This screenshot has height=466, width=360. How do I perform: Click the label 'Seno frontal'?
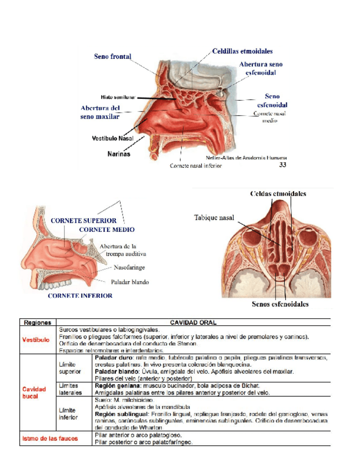click(x=113, y=56)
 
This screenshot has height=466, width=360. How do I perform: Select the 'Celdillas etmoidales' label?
click(x=242, y=51)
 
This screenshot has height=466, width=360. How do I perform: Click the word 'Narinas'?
click(x=118, y=154)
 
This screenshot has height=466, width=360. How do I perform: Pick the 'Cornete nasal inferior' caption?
click(x=196, y=166)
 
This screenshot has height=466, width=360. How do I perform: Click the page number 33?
click(x=283, y=164)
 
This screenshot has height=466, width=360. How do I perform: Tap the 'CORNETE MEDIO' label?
click(x=107, y=229)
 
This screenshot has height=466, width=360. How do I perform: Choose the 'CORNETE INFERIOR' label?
click(x=80, y=296)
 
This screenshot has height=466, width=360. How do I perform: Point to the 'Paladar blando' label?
click(x=130, y=282)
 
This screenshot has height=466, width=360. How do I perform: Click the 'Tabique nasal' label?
click(x=214, y=218)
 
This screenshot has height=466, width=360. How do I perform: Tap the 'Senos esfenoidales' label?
click(x=280, y=303)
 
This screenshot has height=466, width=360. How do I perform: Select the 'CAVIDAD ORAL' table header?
click(x=193, y=323)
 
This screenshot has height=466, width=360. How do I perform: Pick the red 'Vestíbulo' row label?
click(x=36, y=340)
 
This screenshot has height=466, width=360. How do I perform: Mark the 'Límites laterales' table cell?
click(x=71, y=390)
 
